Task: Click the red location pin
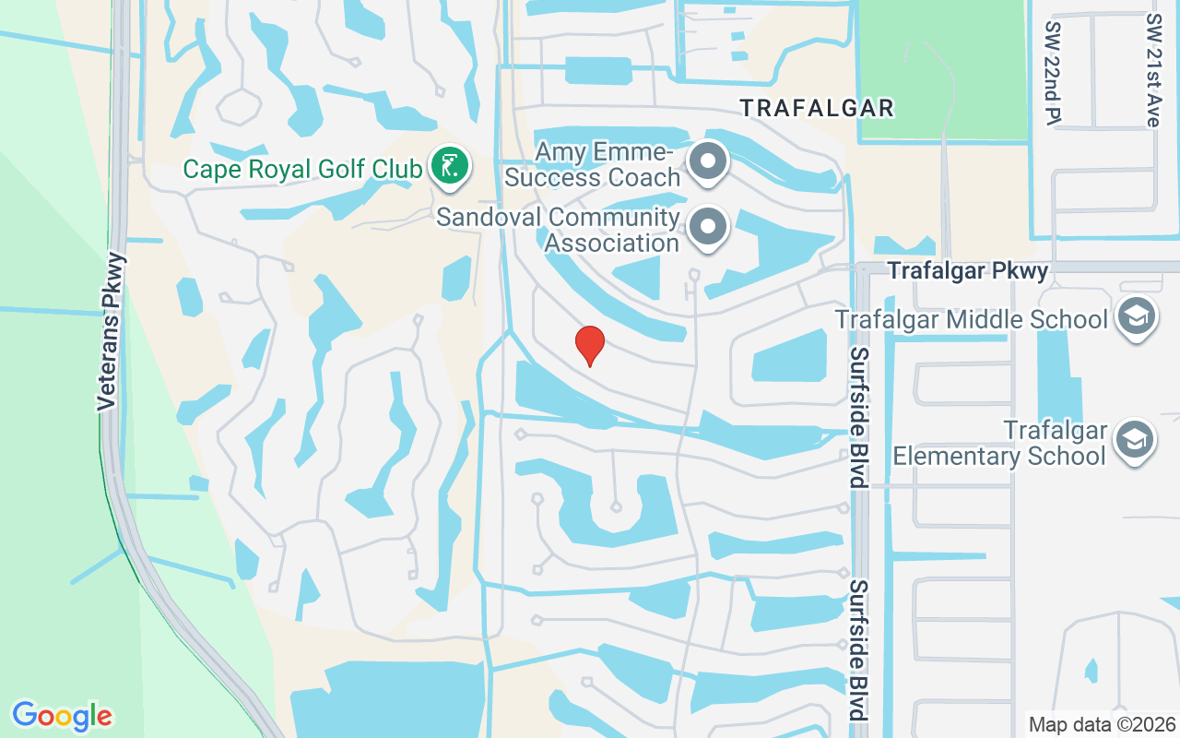589,345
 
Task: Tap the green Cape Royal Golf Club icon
450,167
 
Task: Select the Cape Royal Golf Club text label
302,169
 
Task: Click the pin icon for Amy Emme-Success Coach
708,161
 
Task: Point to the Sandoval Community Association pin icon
708,225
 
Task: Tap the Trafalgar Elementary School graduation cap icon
1136,440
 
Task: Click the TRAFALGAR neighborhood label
818,108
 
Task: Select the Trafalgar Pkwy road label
968,270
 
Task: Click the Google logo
62,716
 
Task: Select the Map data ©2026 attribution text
1102,724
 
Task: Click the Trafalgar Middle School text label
971,319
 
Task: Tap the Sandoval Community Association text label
558,230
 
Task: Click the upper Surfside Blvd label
859,417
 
